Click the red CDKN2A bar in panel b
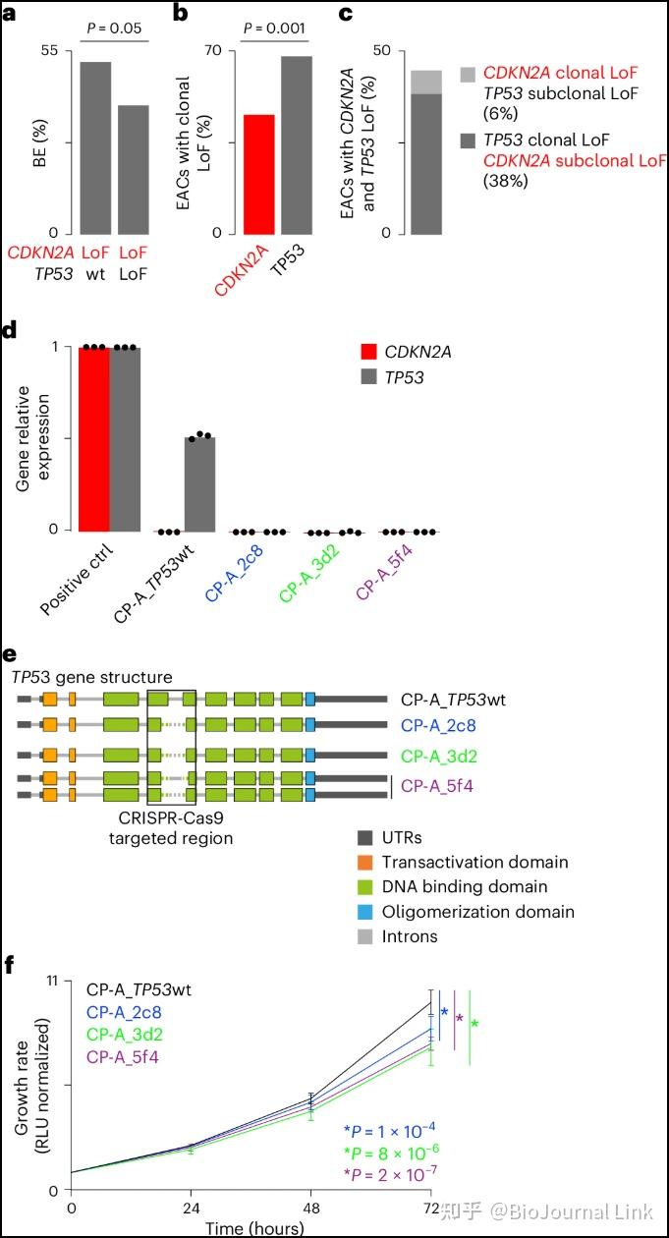click(259, 174)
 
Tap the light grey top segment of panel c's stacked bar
click(425, 82)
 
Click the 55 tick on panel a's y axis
click(51, 50)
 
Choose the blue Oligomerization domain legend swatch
click(363, 912)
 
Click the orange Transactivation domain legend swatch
click(363, 862)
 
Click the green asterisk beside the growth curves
click(475, 1025)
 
